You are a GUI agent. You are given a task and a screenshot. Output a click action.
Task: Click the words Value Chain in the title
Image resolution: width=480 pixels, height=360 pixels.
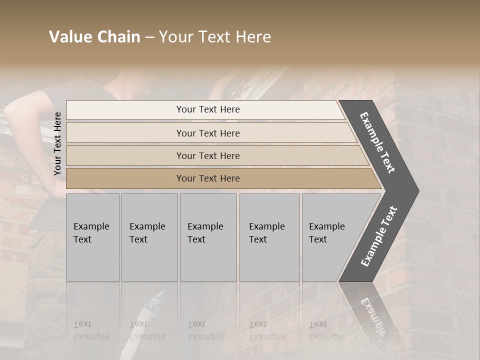click(x=94, y=37)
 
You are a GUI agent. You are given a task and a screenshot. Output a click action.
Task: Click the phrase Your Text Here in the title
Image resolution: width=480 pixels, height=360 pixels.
click(x=215, y=37)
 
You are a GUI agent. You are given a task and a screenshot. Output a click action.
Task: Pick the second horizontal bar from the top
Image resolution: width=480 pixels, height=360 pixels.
click(x=207, y=133)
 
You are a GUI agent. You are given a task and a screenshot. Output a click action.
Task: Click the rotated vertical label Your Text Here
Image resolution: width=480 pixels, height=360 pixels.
click(x=57, y=143)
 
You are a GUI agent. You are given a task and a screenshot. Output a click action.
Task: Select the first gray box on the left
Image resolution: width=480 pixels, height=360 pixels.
click(x=92, y=237)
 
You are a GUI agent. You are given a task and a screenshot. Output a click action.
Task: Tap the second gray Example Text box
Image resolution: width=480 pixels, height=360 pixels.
click(x=149, y=237)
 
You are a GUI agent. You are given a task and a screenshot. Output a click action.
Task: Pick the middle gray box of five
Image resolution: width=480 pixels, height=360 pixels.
click(x=208, y=237)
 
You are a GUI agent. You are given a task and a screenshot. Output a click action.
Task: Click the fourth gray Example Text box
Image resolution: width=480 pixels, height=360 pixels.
click(x=269, y=237)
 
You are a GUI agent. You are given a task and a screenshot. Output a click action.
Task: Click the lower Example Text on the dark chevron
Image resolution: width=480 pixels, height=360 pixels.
click(x=379, y=236)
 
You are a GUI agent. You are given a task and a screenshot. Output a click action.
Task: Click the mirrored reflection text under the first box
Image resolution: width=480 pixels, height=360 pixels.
click(x=91, y=330)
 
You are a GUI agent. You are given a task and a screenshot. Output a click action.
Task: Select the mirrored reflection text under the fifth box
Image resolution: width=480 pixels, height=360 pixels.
click(x=326, y=330)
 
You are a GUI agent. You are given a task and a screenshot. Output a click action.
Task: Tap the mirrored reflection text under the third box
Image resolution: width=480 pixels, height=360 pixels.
click(x=205, y=330)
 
